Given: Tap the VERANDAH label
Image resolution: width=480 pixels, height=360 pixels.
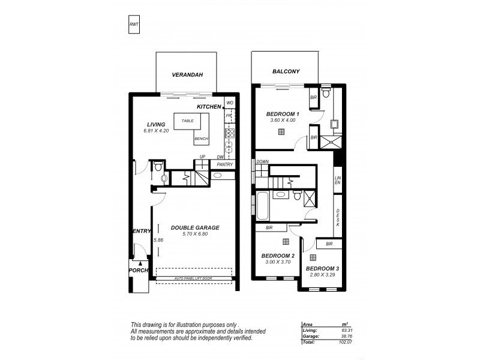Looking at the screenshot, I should coord(185,75).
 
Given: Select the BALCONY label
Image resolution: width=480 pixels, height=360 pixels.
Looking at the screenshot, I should coord(286,71).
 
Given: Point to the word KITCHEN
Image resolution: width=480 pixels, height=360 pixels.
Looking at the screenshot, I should coord(209,106).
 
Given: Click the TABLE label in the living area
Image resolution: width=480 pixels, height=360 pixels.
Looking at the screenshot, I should coord(187,121).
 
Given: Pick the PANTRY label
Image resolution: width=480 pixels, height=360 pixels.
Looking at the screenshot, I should coord(224,163).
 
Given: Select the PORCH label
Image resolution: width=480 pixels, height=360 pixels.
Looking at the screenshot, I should coord(138,270).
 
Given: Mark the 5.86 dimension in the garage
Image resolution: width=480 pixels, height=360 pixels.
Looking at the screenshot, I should coord(158,240).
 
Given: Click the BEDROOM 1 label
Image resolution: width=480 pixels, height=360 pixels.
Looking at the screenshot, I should coord(282,114).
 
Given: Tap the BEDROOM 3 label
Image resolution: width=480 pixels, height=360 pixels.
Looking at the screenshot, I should coord(322,268).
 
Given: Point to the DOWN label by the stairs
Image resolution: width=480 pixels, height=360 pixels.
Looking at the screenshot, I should coord(262,161).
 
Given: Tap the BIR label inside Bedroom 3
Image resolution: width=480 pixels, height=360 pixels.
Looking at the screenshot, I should coord(329,244).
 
